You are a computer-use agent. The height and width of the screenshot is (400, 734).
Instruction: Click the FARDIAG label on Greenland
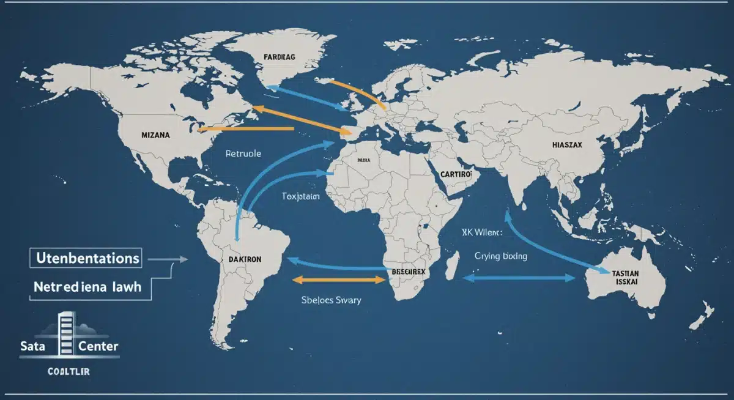(280, 57)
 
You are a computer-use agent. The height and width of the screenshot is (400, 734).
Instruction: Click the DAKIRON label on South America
(245, 259)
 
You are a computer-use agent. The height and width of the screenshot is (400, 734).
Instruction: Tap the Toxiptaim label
(301, 196)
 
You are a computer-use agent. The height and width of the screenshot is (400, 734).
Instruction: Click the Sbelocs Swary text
(330, 300)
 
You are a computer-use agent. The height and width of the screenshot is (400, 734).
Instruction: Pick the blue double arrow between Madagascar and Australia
(519, 278)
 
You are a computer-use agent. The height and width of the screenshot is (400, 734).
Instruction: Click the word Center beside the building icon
(98, 346)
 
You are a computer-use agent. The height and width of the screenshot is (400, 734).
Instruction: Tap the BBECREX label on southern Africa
(407, 270)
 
